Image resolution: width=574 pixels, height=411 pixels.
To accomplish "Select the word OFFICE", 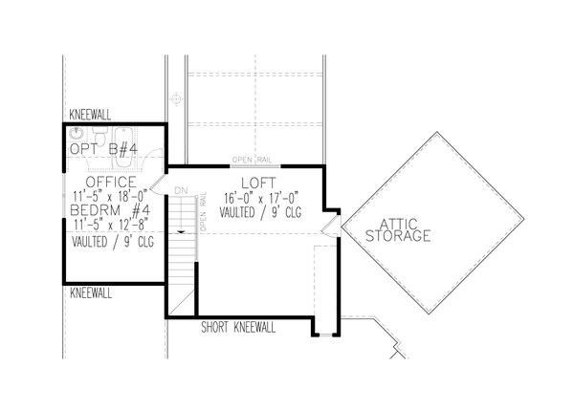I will (111, 181).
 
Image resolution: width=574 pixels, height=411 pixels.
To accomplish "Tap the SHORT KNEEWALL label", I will (238, 327).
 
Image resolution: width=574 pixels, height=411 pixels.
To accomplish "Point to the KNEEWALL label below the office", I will (91, 291).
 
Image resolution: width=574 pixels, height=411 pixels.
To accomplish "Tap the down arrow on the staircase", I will (179, 230).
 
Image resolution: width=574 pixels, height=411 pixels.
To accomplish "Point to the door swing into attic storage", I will (329, 225).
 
